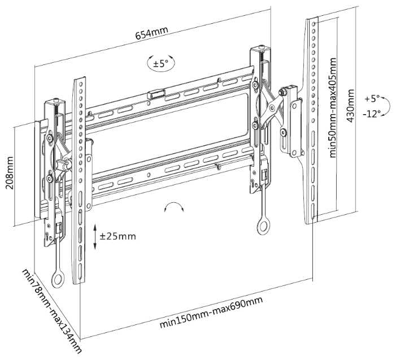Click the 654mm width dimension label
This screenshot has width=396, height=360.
pos(151,33)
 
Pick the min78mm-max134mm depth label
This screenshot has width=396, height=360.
pos(52,311)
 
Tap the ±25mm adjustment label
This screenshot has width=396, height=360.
pos(118,236)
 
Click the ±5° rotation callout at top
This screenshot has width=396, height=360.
pos(160,63)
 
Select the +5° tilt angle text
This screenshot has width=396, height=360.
pos(373,98)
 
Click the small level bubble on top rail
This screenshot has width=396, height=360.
pos(156,92)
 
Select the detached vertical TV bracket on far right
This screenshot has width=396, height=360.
pos(313,119)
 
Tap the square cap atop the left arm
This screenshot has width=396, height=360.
pos(54,103)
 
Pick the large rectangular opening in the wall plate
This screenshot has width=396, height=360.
pos(169,130)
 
